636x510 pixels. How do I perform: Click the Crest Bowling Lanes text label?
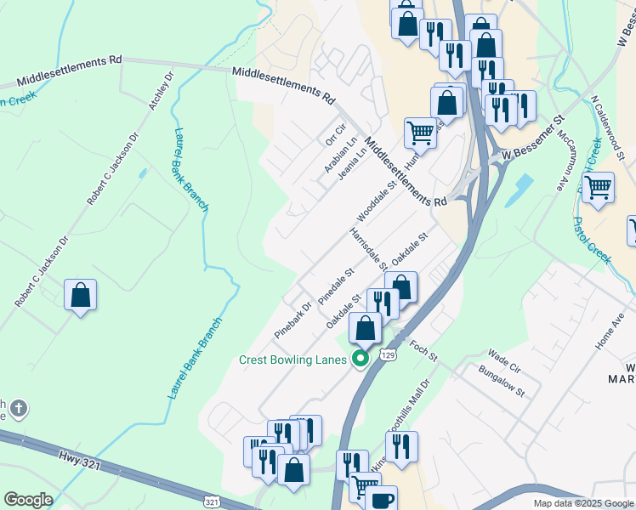(x=292, y=360)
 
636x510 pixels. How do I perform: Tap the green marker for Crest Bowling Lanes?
(x=360, y=359)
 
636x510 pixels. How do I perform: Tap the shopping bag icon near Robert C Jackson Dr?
(x=81, y=296)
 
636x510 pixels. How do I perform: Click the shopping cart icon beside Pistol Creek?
(x=599, y=186)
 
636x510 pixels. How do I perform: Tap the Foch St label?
(x=423, y=348)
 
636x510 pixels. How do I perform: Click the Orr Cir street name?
(x=337, y=135)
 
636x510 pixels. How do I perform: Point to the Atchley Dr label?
(x=161, y=90)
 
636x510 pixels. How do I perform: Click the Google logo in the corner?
(x=28, y=499)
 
